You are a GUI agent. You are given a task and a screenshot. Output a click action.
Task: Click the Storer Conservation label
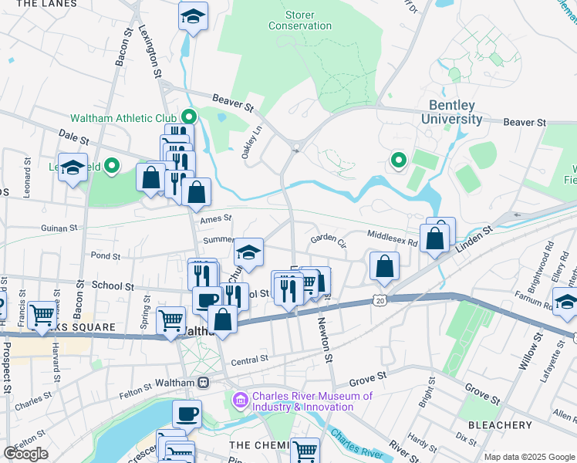(300, 20)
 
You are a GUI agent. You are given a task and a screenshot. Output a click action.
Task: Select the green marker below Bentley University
(398, 161)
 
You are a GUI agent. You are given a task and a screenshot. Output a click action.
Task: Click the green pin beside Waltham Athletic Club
(189, 118)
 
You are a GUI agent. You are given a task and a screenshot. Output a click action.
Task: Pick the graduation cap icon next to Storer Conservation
(193, 15)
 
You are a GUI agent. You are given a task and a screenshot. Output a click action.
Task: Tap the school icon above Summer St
(248, 252)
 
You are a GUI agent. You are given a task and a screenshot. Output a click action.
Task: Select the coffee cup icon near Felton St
(187, 414)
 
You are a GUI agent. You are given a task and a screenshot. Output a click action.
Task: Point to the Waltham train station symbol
(204, 382)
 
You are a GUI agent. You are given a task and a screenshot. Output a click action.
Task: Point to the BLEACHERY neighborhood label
(499, 424)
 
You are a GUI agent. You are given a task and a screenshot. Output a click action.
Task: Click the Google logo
(25, 454)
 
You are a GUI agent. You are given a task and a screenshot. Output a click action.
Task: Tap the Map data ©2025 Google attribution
(528, 457)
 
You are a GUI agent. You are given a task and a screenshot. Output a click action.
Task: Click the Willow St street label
(529, 352)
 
